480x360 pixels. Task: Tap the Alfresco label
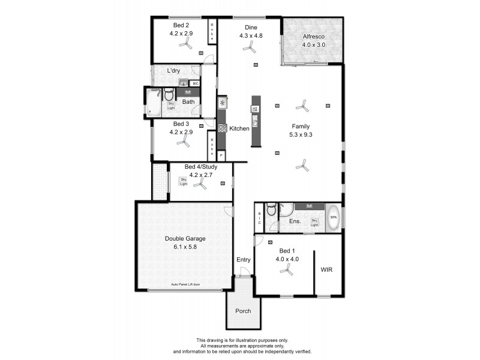pyautogui.click(x=313, y=37)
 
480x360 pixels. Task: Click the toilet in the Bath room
pyautogui.click(x=169, y=95)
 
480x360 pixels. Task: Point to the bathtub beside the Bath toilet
pyautogui.click(x=154, y=102)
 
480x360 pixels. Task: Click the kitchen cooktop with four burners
pyautogui.click(x=222, y=128)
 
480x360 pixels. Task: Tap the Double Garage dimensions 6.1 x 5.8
pyautogui.click(x=185, y=247)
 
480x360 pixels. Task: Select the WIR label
pyautogui.click(x=326, y=270)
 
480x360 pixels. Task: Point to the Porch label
pyautogui.click(x=243, y=311)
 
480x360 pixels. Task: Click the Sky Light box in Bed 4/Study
pyautogui.click(x=184, y=180)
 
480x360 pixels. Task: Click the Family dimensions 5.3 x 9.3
pyautogui.click(x=301, y=135)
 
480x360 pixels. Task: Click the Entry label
pyautogui.click(x=243, y=260)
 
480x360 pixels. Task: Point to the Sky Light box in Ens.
pyautogui.click(x=314, y=222)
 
